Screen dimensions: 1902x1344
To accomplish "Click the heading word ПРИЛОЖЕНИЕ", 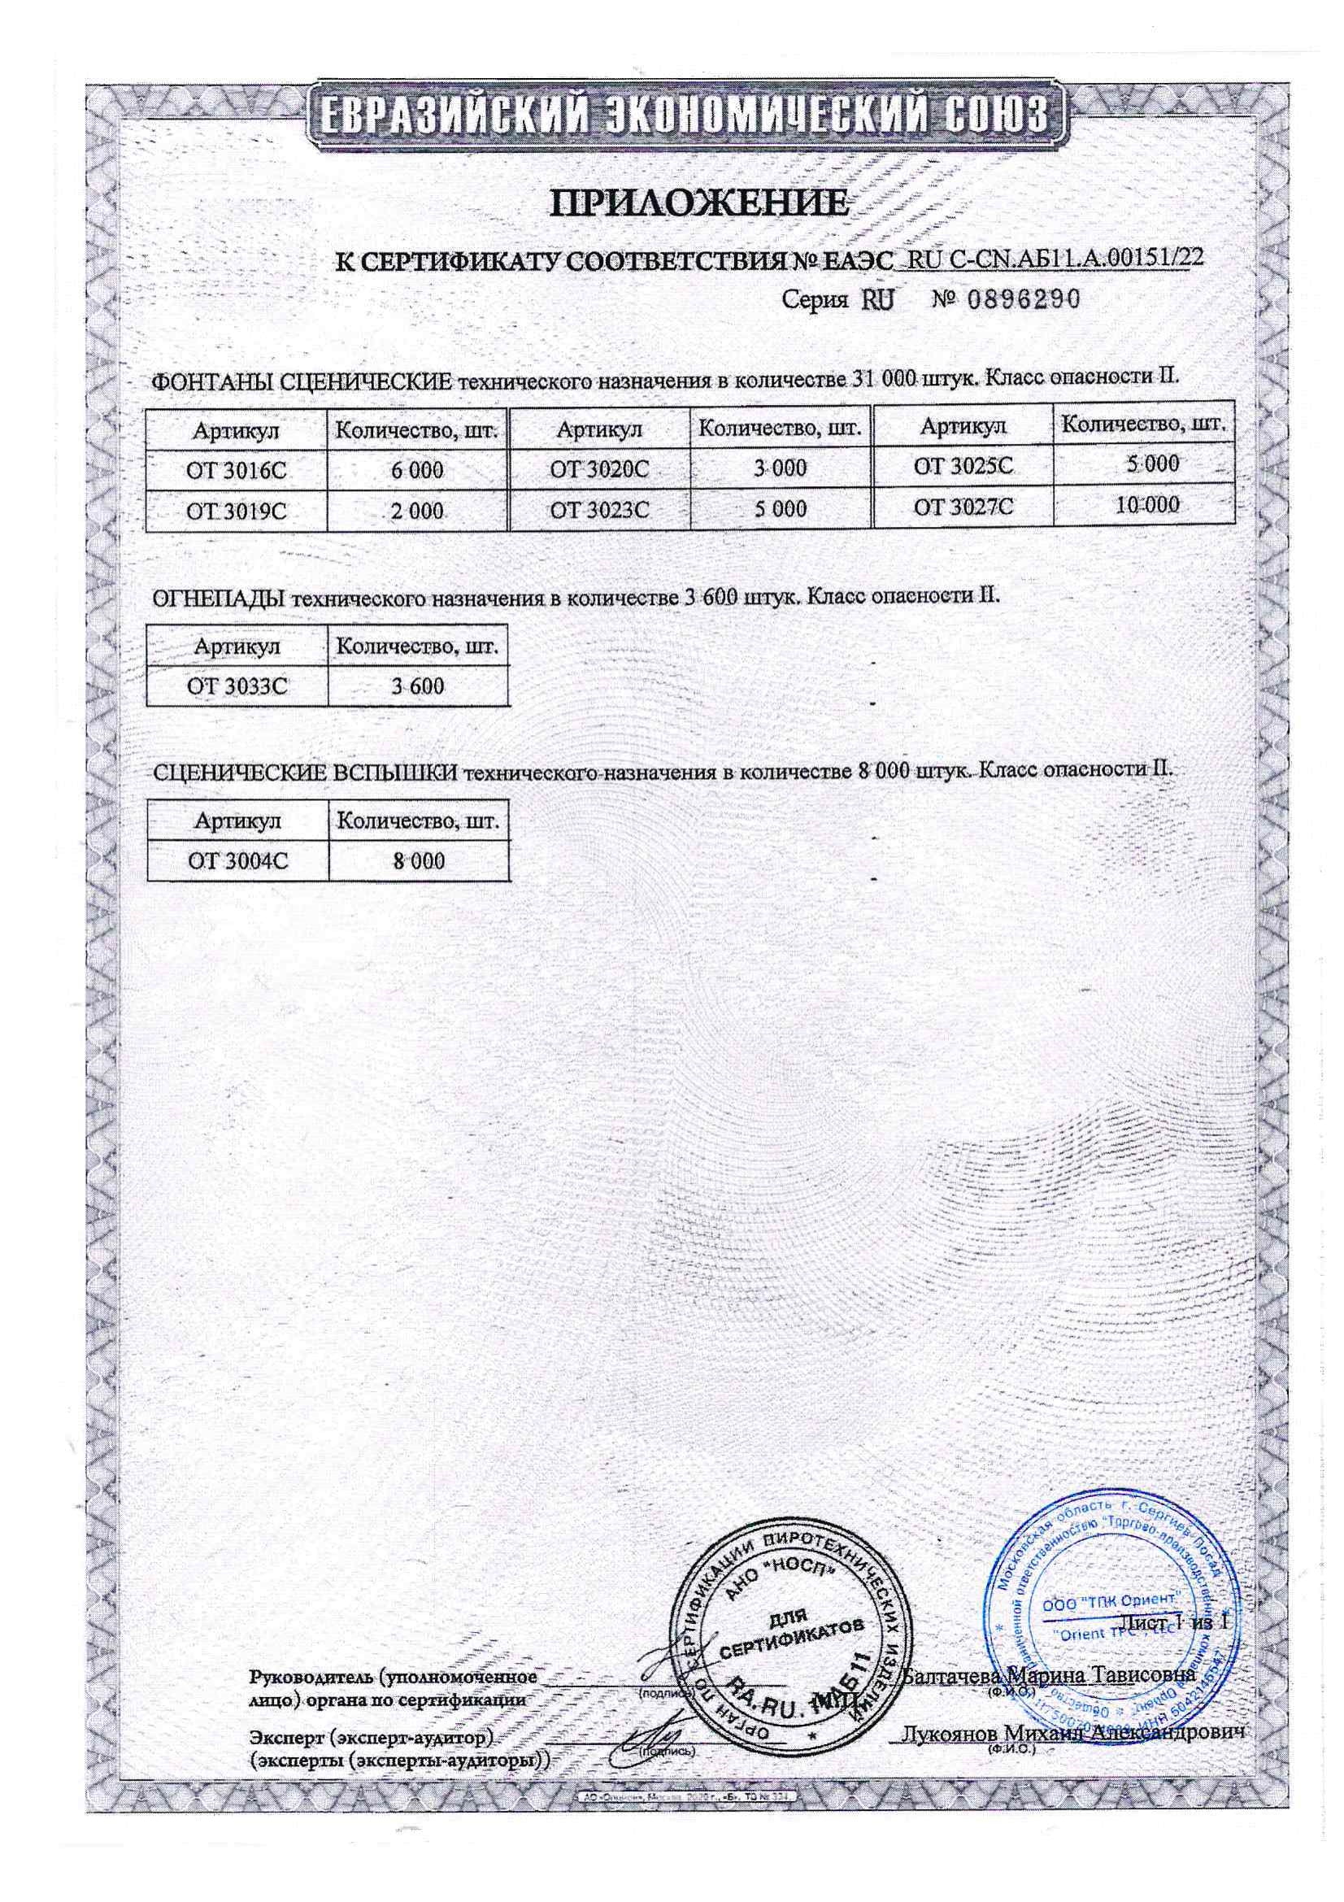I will point(701,205).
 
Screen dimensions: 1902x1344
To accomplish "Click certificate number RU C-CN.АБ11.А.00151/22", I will point(1055,258).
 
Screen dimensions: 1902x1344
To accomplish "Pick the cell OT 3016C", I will point(236,471).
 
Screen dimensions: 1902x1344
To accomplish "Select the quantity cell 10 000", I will point(1146,504).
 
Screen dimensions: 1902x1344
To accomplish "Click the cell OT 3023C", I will point(599,508).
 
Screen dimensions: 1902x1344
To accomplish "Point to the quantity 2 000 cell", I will point(417,511).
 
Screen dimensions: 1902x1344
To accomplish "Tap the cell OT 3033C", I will point(237,686).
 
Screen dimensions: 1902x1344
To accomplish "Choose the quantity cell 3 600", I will point(418,686).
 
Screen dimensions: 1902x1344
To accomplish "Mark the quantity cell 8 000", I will point(418,860).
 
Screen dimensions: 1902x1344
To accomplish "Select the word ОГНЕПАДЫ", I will point(220,598).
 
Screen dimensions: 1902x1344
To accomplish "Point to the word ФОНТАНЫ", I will point(211,381).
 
